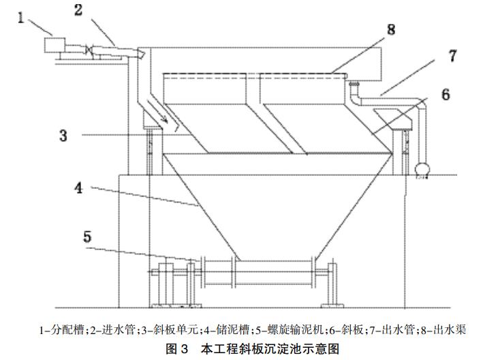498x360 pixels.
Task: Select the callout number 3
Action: tap(63, 135)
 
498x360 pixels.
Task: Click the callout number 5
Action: tap(87, 238)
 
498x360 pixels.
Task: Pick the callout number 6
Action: tap(445, 94)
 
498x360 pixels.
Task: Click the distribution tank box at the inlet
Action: tap(52, 46)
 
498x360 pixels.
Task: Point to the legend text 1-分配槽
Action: tap(63, 330)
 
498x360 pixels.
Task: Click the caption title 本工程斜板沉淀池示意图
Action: tap(269, 348)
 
